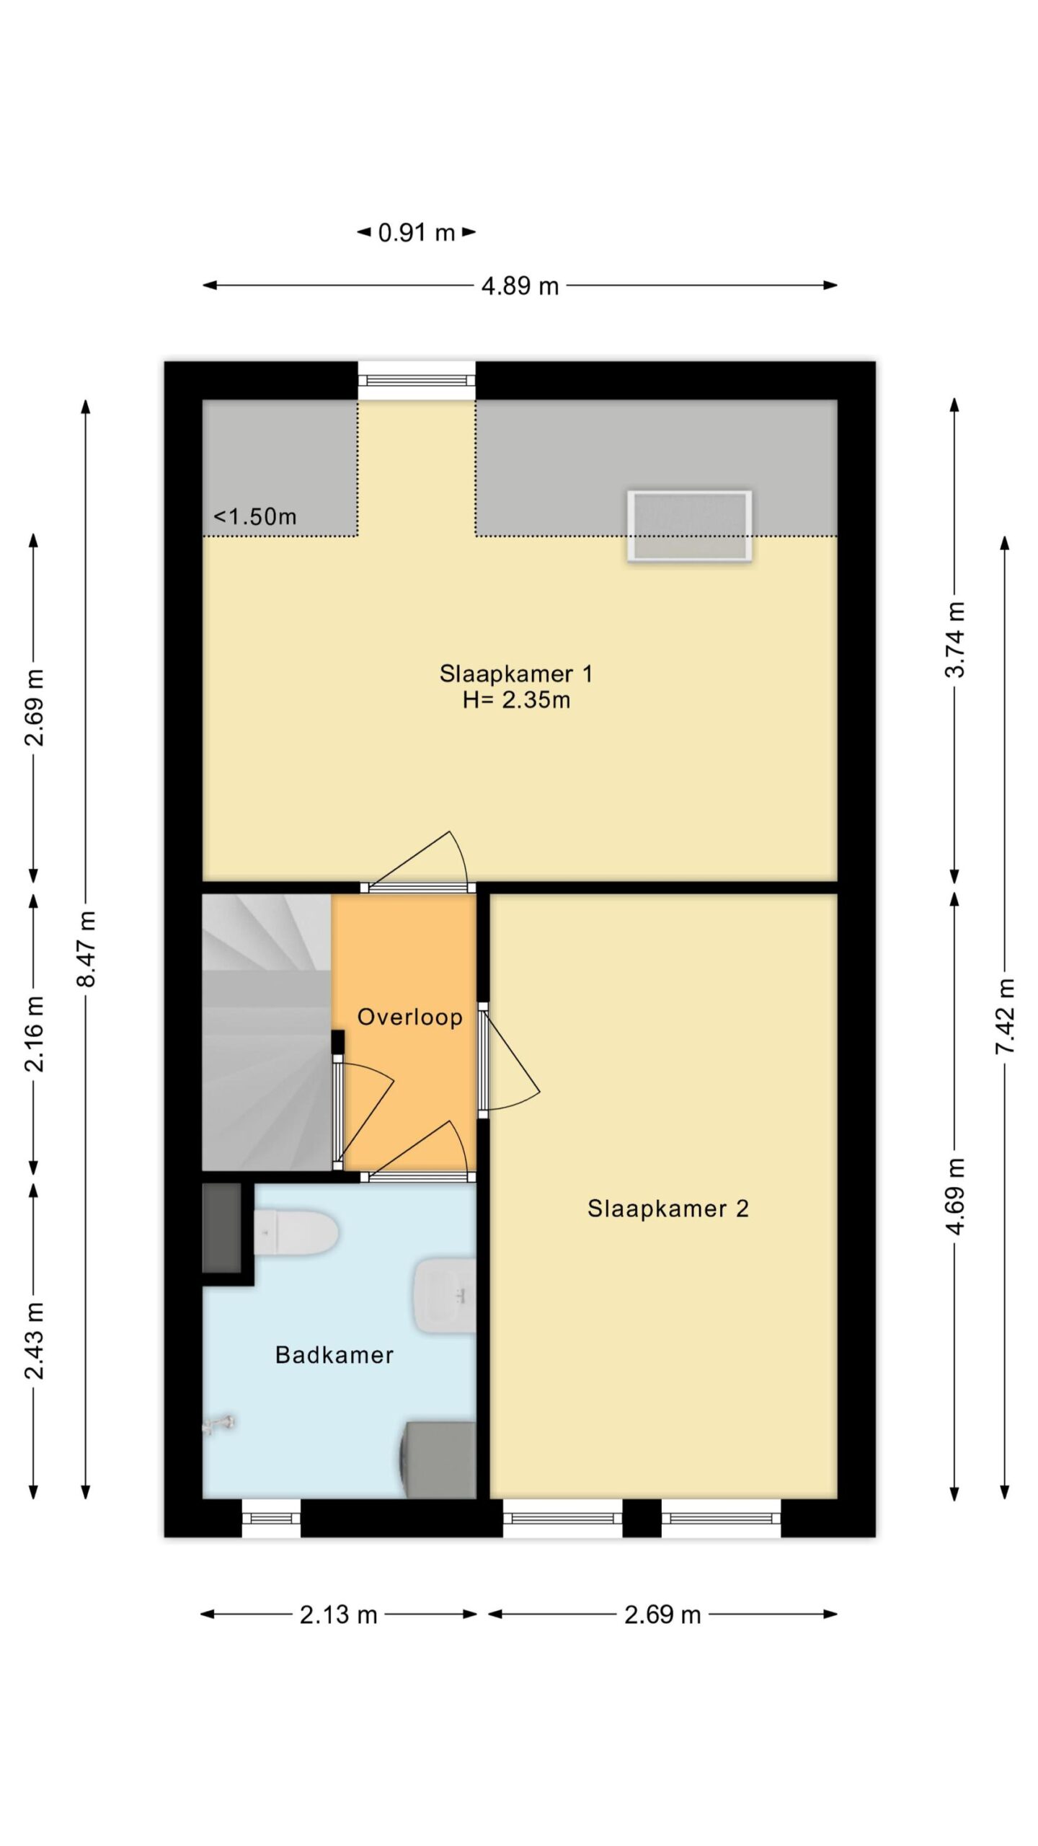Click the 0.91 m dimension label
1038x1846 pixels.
click(417, 233)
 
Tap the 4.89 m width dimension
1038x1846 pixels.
click(520, 286)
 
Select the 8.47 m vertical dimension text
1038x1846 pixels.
click(86, 949)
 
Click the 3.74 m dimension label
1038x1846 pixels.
click(955, 640)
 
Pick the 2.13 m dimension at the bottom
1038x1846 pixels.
click(338, 1615)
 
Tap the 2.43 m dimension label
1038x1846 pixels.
click(35, 1341)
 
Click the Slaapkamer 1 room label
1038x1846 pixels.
click(516, 674)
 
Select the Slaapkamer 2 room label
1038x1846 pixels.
click(668, 1208)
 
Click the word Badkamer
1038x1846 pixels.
click(334, 1355)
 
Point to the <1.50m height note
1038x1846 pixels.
click(255, 516)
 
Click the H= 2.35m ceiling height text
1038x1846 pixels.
click(516, 700)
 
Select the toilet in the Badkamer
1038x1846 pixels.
click(296, 1232)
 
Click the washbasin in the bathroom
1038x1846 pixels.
click(444, 1296)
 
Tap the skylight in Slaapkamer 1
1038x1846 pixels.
click(690, 526)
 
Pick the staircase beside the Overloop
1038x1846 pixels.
click(267, 1033)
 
